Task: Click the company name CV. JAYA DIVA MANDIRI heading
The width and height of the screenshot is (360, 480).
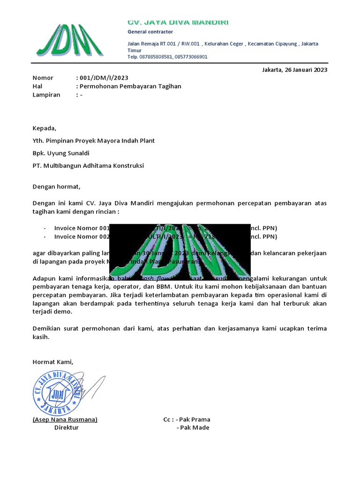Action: [179, 22]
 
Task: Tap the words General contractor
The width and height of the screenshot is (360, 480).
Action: [150, 32]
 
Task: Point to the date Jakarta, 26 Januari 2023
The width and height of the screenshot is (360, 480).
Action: [294, 70]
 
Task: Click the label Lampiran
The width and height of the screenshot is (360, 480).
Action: [46, 95]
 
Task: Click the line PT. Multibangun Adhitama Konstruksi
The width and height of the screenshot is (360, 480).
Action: [88, 166]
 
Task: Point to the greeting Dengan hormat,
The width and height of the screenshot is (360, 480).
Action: [56, 187]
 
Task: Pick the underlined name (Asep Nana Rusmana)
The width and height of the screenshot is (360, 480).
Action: [65, 420]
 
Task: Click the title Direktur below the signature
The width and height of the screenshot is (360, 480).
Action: [67, 427]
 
